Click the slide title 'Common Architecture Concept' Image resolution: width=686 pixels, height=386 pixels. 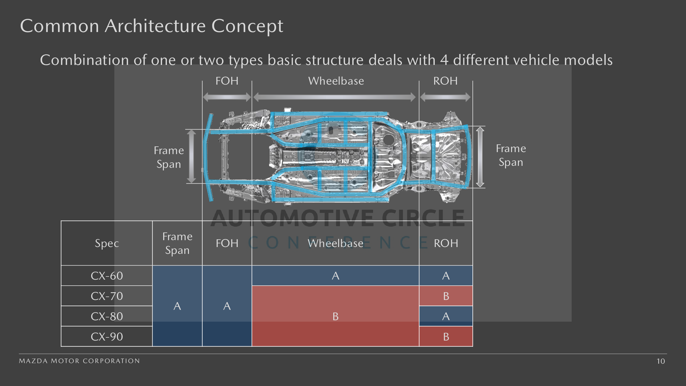(x=151, y=26)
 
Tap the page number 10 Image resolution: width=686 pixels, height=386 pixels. (x=661, y=361)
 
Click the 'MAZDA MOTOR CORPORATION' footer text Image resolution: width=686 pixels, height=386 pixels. (x=79, y=361)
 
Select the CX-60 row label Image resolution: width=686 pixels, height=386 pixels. (x=107, y=276)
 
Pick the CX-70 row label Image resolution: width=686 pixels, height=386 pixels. (x=107, y=296)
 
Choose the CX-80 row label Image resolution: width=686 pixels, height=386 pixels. (x=107, y=316)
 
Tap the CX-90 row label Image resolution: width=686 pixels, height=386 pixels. (x=107, y=337)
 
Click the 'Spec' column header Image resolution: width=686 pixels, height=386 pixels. (x=107, y=243)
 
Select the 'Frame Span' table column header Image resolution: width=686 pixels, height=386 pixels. (x=177, y=243)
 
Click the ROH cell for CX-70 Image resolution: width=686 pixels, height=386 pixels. (x=446, y=296)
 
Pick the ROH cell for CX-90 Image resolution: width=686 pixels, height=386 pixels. (x=446, y=337)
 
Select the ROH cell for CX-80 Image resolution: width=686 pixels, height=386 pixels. (x=446, y=316)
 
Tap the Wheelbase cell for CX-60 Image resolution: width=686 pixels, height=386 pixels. (x=335, y=276)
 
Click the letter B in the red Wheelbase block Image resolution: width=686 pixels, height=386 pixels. (x=335, y=316)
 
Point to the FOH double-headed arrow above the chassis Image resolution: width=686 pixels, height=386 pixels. (x=227, y=97)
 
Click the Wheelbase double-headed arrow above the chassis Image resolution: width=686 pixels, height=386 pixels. (x=334, y=97)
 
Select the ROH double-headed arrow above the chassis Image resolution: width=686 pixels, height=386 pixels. (x=445, y=97)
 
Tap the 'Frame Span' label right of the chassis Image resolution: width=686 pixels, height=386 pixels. (x=511, y=155)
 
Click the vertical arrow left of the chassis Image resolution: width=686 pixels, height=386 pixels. (x=191, y=156)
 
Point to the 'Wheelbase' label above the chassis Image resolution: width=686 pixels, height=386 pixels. (x=336, y=81)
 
